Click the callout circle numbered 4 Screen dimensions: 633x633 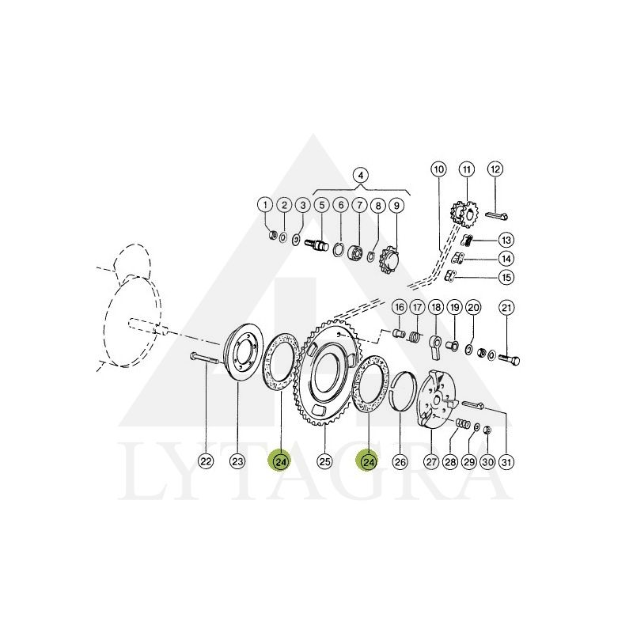[361, 176]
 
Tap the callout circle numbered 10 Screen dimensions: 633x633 [439, 169]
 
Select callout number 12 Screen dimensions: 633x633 [495, 169]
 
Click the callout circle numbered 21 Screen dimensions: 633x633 [506, 308]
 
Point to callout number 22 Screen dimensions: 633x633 [206, 461]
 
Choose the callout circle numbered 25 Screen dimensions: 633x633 [325, 461]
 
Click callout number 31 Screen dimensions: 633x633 [507, 461]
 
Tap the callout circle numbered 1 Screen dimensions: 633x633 [265, 205]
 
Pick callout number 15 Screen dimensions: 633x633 [506, 278]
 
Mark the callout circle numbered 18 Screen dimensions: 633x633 [436, 308]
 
